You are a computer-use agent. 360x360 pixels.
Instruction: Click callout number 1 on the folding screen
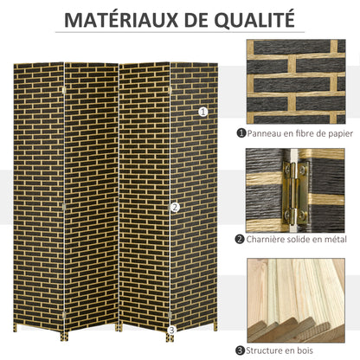point(203,111)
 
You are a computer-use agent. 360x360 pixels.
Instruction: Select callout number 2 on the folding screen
point(175,207)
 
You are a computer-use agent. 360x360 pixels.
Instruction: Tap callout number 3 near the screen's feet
point(171,330)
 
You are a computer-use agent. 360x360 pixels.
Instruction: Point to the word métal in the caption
point(339,239)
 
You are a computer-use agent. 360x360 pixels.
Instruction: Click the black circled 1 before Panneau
point(241,133)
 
